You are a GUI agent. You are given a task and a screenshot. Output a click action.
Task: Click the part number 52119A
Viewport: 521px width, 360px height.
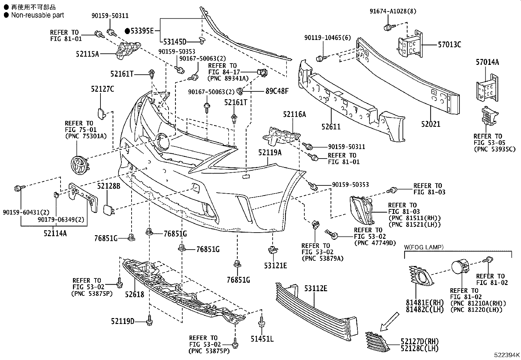pos(269,152)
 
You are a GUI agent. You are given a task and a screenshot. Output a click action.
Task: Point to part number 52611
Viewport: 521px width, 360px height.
pos(331,126)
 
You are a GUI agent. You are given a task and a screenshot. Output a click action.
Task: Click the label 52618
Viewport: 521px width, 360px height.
pos(134,294)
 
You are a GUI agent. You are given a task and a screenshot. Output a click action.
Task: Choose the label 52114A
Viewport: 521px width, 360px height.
pos(55,233)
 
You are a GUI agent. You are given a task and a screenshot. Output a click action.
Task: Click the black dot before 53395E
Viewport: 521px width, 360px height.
pos(127,31)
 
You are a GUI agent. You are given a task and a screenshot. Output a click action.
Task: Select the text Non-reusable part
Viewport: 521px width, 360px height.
pos(37,15)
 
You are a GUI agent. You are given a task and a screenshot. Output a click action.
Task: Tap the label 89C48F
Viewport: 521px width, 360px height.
pos(277,91)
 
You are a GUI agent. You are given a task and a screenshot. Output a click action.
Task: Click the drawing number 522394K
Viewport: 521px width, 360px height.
pos(507,355)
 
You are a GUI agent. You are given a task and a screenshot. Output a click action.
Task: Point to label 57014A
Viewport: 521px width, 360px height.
pos(487,62)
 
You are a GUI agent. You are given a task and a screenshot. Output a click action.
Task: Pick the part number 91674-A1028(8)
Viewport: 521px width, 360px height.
pos(393,11)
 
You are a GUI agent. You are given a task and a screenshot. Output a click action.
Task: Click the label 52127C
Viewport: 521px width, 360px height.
pos(102,89)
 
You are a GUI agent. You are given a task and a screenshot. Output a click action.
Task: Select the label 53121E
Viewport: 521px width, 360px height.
pos(276,265)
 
